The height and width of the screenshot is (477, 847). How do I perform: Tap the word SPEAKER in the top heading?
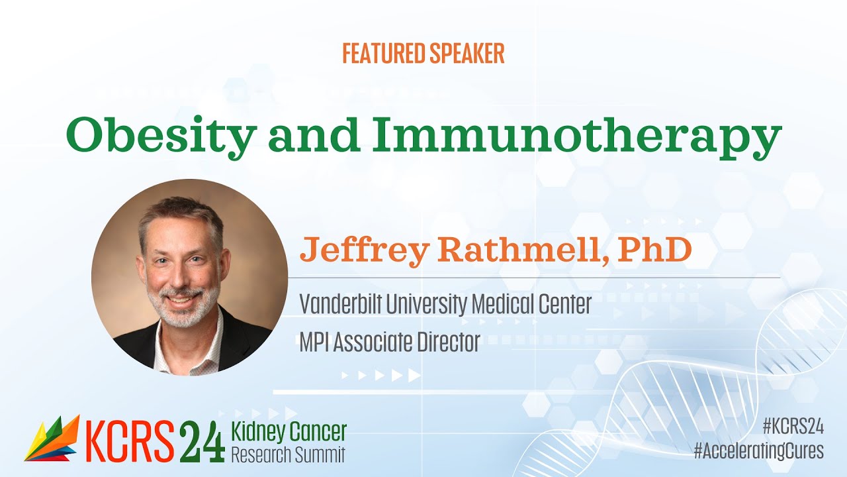click(x=465, y=54)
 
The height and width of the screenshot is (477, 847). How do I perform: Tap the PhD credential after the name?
click(x=655, y=249)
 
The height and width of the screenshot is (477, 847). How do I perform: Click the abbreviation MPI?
click(x=315, y=343)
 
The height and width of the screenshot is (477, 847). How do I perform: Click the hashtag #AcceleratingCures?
click(x=758, y=451)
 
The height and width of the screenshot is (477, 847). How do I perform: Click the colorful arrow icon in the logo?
click(x=52, y=439)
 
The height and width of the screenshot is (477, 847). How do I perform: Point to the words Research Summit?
click(x=288, y=455)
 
